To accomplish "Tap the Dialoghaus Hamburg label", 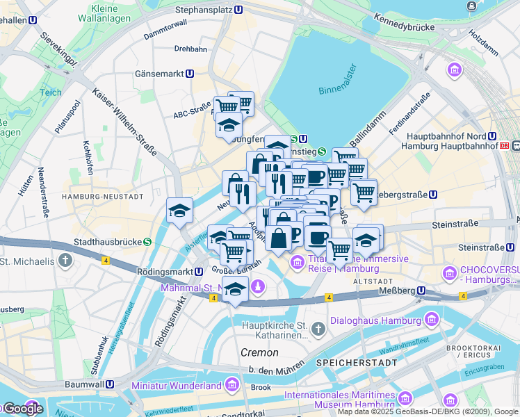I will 375,321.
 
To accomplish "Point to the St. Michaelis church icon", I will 65,261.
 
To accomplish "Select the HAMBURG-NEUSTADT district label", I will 102,197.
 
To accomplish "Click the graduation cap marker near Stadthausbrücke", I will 179,211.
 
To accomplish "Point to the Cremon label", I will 259,352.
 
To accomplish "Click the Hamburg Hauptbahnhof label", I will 452,146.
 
